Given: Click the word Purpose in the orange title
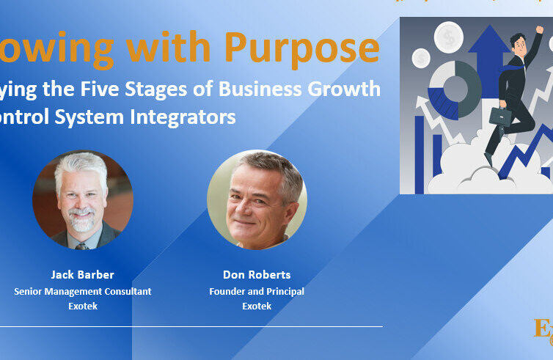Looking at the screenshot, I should click(302, 48).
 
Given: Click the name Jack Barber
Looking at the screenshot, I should click(82, 275).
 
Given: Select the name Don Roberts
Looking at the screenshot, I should click(257, 275).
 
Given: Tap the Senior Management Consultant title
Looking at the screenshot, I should click(82, 291).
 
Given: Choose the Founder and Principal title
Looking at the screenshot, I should click(257, 291).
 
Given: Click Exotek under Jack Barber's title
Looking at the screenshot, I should click(82, 306).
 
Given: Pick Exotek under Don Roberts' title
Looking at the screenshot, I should click(257, 306).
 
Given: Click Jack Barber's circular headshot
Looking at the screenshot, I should click(82, 199).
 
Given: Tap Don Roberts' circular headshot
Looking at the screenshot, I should click(257, 199).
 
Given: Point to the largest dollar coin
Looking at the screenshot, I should click(448, 36).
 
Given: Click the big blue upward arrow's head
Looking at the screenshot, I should click(488, 44).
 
